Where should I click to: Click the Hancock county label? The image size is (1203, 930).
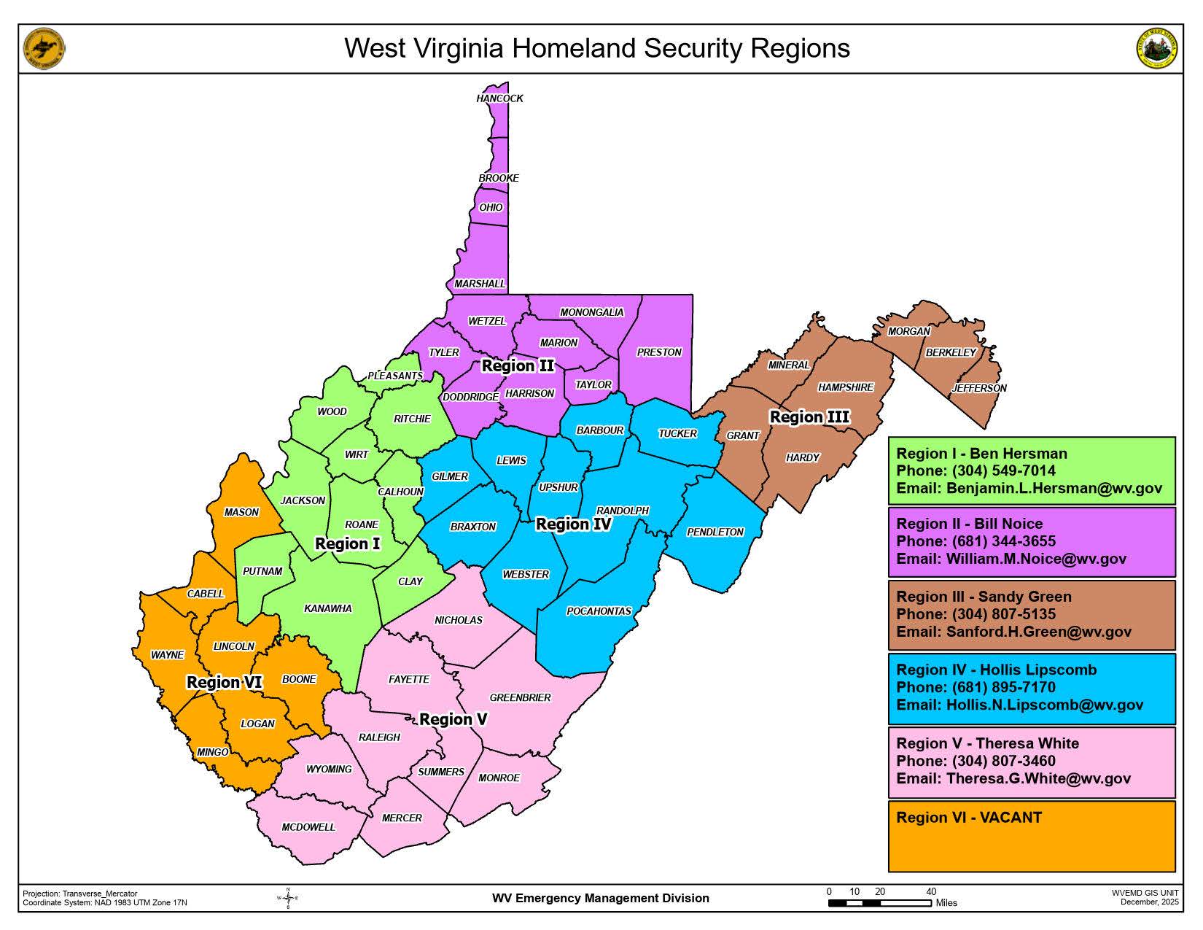point(499,98)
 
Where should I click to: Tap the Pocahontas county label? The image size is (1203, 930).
point(599,611)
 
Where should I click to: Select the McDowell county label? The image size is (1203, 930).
point(308,827)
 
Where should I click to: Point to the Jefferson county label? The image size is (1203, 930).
point(978,388)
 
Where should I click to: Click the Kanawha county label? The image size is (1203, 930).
point(328,608)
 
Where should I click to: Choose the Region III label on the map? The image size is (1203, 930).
point(809,417)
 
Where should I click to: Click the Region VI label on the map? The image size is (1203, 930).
point(224,683)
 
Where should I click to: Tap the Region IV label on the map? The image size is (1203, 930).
point(573,524)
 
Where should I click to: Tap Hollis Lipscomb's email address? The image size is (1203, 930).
point(1044,705)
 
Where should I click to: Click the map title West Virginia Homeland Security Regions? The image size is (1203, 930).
point(596,48)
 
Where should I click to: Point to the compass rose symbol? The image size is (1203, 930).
point(288,899)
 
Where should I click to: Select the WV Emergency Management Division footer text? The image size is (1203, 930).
point(600,899)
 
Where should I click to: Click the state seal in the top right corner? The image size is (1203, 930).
point(1157,49)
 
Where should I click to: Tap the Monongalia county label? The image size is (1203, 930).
point(591,312)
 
